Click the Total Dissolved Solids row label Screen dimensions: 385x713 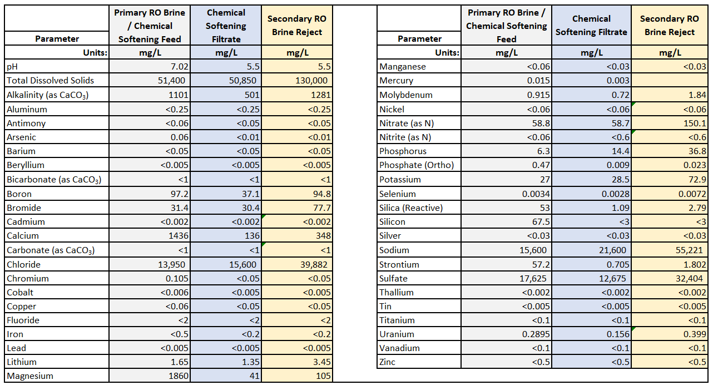pos(51,80)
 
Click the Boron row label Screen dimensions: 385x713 pos(19,194)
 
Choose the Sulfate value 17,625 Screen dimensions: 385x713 pos(531,278)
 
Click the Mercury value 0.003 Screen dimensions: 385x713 pos(618,81)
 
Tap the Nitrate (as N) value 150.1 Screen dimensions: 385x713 pos(693,123)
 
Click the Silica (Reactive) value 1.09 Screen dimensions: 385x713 pos(620,208)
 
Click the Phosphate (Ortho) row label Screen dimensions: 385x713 pos(417,165)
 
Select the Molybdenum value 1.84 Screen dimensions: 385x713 pos(697,95)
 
